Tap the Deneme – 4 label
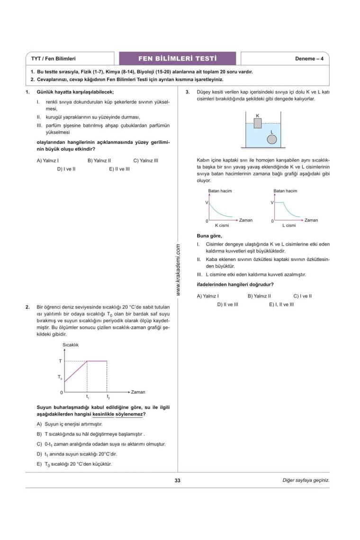tap(309, 59)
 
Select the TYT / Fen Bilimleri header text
tap(54, 59)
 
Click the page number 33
tap(178, 480)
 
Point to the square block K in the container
tap(257, 124)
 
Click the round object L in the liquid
tap(271, 139)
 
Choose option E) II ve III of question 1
tap(119, 169)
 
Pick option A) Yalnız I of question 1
tap(47, 161)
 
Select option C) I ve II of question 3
tap(302, 296)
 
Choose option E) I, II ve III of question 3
tap(281, 304)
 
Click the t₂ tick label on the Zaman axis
tap(108, 397)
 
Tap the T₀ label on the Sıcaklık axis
tap(60, 378)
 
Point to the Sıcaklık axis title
tap(71, 345)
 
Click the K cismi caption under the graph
tap(222, 225)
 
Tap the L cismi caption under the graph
tap(289, 225)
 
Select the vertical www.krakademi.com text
tap(179, 270)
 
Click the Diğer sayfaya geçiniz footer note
tap(306, 480)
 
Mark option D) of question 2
tap(71, 454)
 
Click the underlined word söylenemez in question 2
tap(129, 414)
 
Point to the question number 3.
tap(188, 92)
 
